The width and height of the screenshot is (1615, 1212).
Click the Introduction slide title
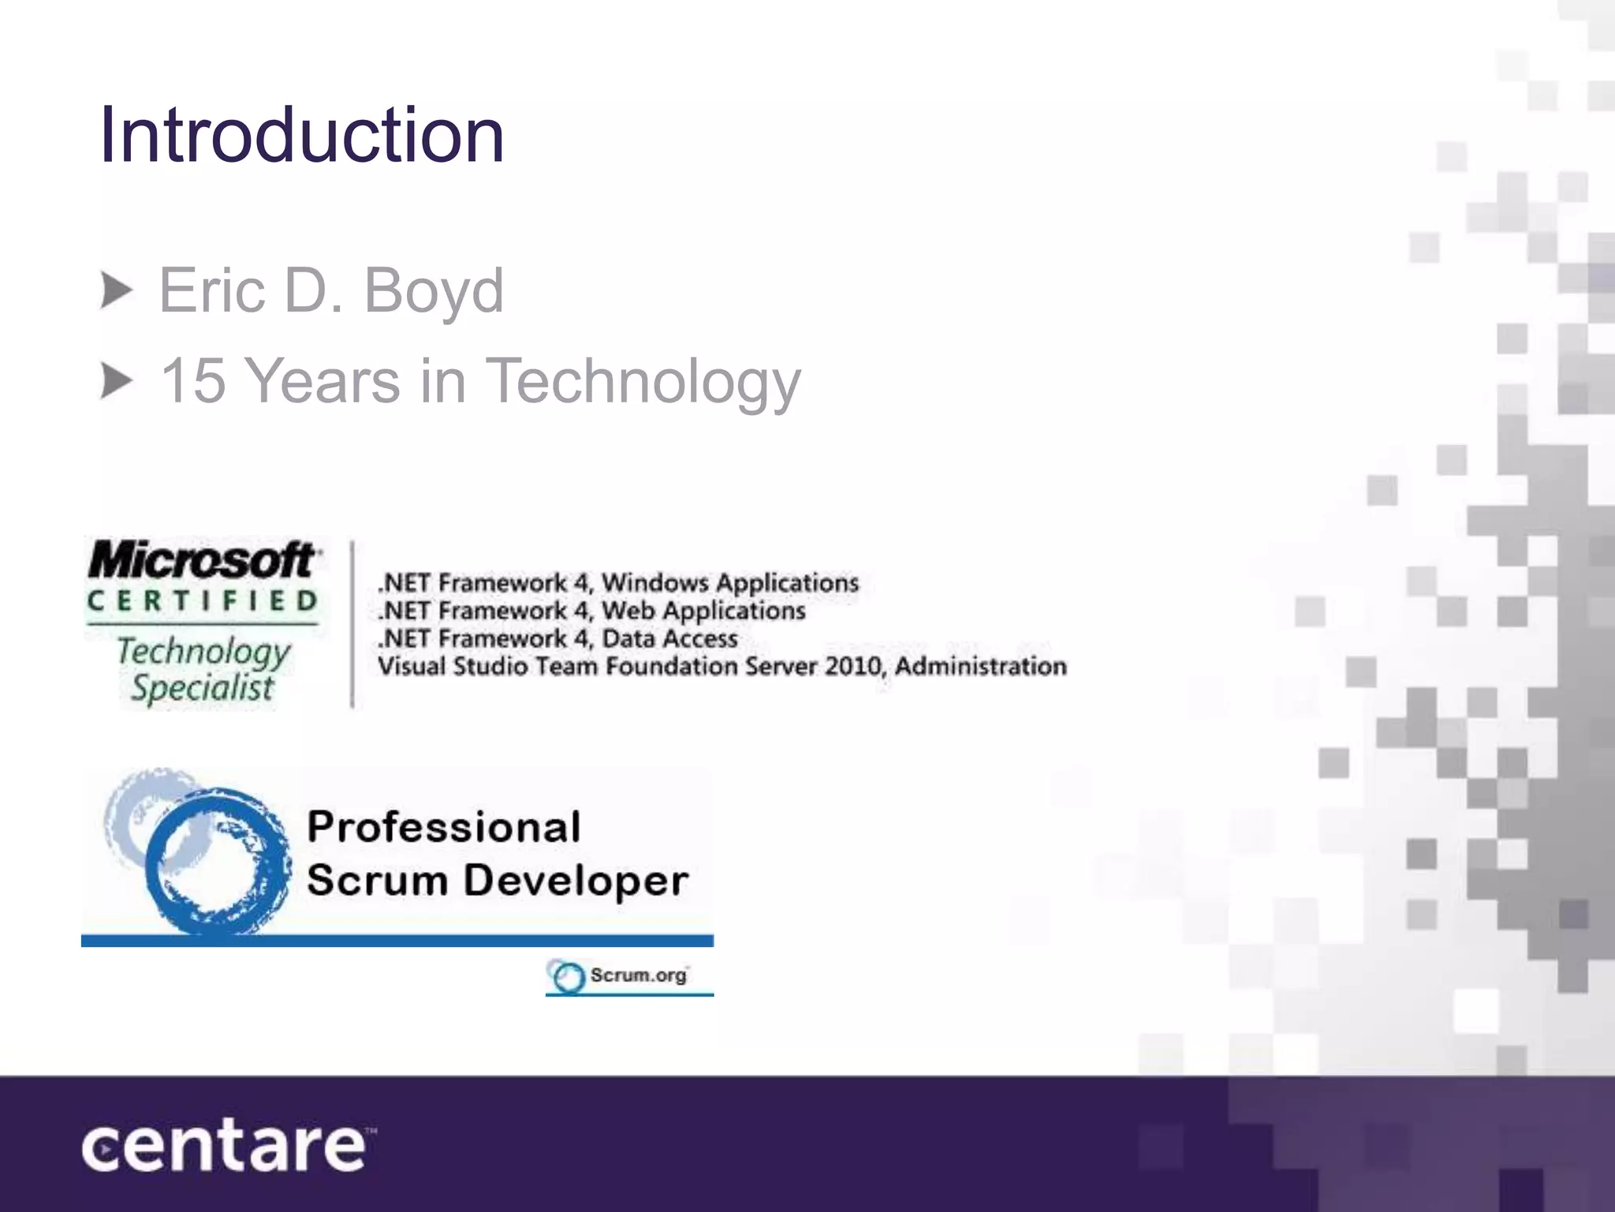(301, 136)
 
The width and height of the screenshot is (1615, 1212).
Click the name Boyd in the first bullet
(433, 291)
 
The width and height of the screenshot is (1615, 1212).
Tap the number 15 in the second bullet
(193, 381)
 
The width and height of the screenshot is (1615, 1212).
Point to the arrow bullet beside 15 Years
(117, 382)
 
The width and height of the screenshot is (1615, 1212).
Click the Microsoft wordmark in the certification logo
(203, 560)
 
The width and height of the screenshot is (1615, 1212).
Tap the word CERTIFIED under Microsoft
(203, 601)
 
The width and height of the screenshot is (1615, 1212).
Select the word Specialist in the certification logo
(203, 688)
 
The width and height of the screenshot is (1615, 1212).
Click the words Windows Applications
(729, 583)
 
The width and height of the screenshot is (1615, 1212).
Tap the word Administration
(980, 667)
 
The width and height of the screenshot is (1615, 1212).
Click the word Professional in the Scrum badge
(444, 828)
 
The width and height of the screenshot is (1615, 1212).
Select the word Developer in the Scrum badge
(576, 881)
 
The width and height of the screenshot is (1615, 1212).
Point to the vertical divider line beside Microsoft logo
(352, 624)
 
